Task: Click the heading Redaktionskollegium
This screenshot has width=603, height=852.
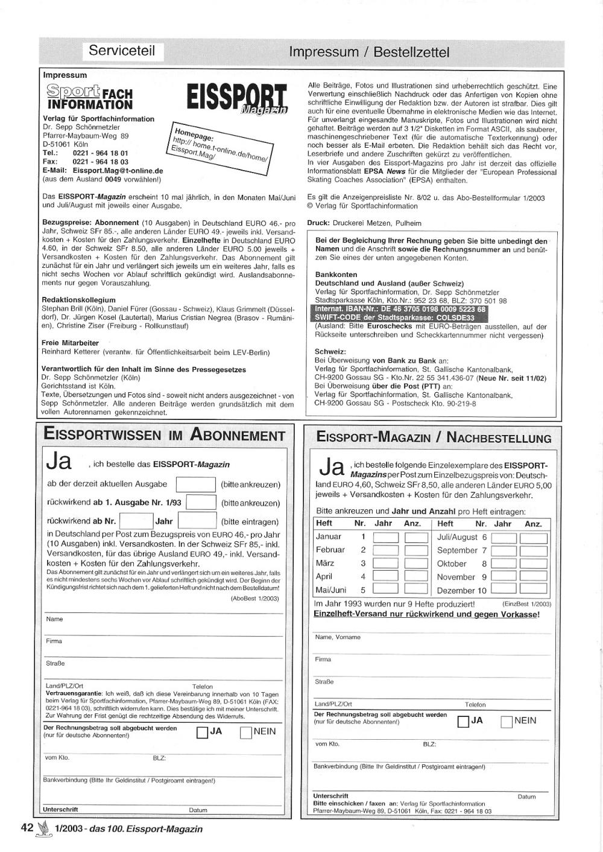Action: click(x=78, y=299)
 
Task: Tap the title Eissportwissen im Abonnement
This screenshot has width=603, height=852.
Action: click(x=165, y=435)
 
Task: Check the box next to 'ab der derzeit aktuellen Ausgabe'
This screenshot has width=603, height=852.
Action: click(x=195, y=484)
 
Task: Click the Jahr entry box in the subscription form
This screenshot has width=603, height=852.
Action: click(x=197, y=521)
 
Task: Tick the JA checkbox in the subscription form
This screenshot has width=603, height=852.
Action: click(x=203, y=733)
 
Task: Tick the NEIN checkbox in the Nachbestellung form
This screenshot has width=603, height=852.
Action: click(x=507, y=722)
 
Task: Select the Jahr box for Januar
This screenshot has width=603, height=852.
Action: click(x=386, y=536)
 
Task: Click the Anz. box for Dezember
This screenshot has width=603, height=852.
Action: click(x=533, y=590)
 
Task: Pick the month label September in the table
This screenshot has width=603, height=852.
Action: click(x=457, y=550)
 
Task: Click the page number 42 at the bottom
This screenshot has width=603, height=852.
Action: click(x=27, y=828)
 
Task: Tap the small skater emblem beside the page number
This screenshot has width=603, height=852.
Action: click(x=43, y=829)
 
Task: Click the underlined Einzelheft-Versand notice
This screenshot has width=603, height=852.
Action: click(x=426, y=614)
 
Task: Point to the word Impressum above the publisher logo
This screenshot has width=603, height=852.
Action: click(x=65, y=75)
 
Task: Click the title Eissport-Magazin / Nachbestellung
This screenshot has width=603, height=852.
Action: click(x=434, y=438)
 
